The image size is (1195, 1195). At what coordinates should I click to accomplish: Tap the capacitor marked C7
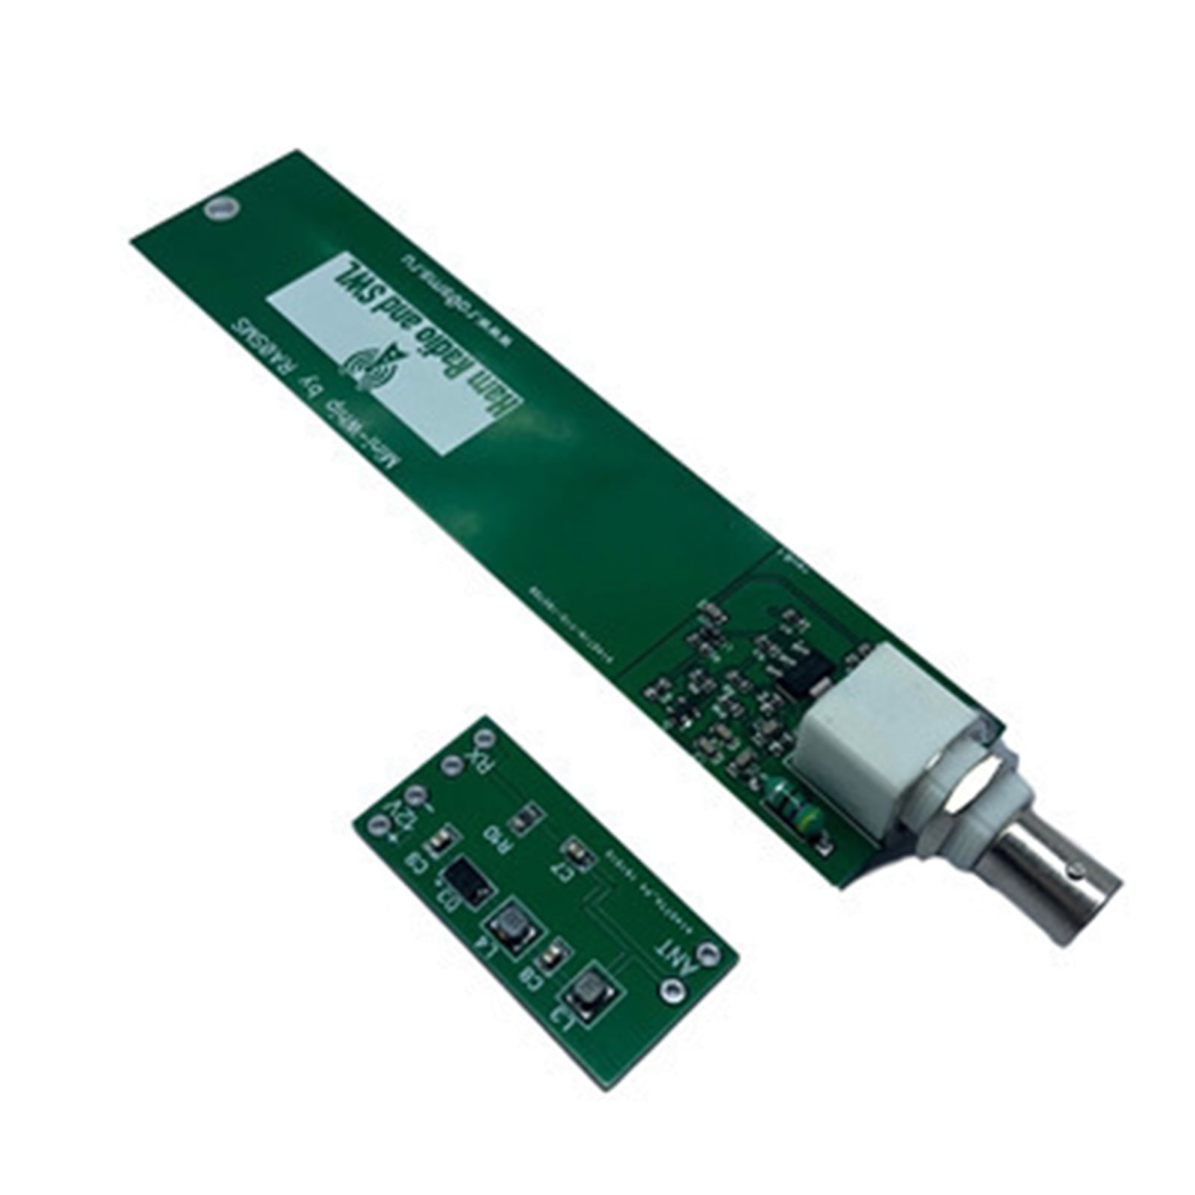[574, 851]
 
